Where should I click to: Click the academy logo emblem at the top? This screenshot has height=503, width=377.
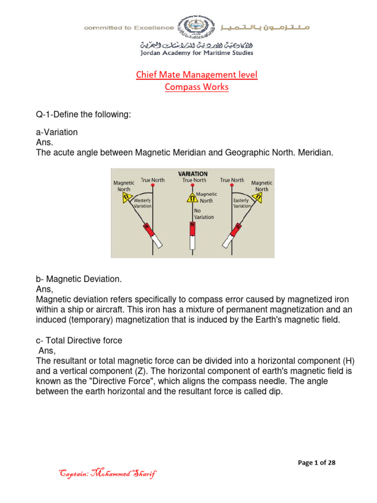197,28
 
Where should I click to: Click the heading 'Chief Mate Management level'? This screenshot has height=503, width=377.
196,75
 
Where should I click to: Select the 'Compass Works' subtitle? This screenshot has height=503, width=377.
196,87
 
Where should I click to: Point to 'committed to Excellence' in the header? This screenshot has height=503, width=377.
129,28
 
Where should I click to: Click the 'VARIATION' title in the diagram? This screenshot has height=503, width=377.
192,174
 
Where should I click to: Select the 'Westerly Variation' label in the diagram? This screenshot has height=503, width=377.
142,203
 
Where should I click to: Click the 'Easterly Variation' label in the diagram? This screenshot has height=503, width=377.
242,203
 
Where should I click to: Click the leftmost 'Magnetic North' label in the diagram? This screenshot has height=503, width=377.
124,186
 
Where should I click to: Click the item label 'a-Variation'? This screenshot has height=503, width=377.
57,133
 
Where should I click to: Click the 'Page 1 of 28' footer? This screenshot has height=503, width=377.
318,462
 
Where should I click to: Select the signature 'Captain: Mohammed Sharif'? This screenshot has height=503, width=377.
108,474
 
